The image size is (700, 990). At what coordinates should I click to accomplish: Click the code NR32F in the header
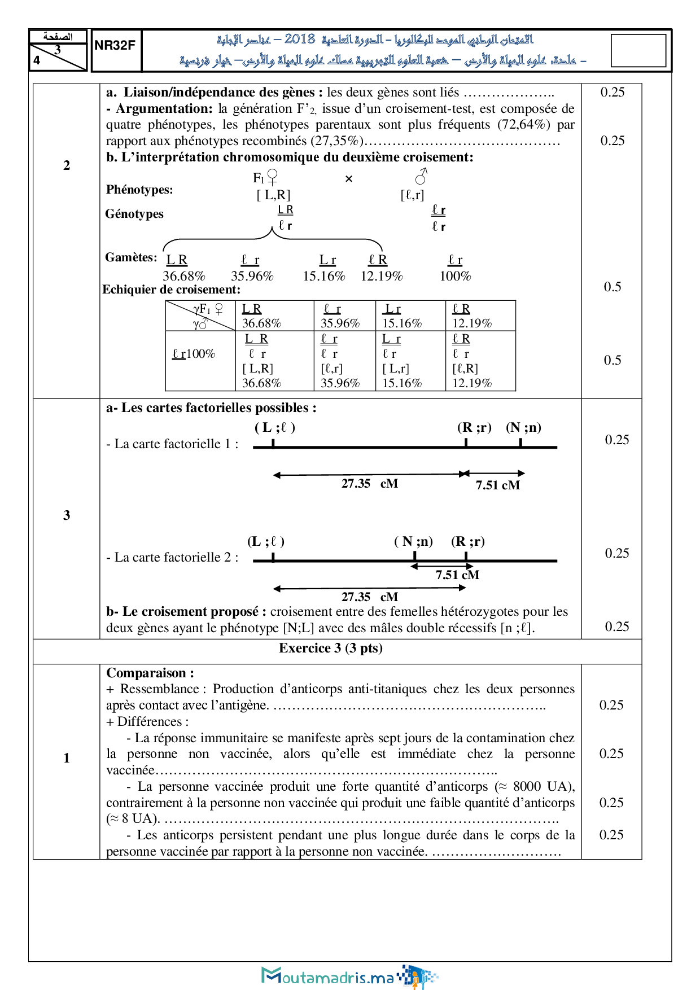pos(115,46)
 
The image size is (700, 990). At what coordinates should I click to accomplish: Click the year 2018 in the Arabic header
pos(300,39)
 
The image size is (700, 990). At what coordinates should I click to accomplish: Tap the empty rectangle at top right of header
pos(638,51)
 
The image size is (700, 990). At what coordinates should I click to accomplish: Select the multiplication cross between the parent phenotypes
pos(349,179)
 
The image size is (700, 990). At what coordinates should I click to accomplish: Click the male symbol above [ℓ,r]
pos(421,177)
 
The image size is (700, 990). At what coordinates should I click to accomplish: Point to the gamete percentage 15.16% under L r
pos(324,276)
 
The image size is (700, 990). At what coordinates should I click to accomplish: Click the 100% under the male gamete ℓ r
pos(455,276)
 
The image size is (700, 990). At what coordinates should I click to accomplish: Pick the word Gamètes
pos(130,257)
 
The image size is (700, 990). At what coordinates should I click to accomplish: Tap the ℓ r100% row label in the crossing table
pos(194,354)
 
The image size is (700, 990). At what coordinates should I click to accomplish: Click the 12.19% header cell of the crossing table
pos(472,323)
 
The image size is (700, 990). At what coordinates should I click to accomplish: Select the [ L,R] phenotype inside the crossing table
pos(258,369)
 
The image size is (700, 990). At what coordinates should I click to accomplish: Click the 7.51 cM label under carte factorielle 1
pos(497,485)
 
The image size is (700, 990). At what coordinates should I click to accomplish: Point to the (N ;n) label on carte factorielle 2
pos(413,542)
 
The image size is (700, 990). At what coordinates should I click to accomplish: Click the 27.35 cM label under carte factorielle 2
pos(370,597)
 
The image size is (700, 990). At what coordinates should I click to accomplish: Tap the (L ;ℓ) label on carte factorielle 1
pos(275,427)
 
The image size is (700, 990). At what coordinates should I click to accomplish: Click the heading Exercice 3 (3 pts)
pos(331,648)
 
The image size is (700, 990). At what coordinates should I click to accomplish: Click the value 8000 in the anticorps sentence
pos(528,786)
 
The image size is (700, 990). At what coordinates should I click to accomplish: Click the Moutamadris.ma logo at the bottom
pos(349,976)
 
